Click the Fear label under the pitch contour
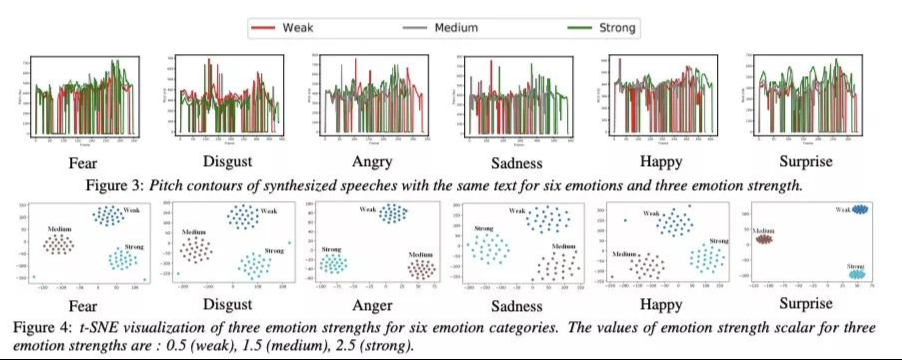click(x=85, y=161)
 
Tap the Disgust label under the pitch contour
click(x=227, y=161)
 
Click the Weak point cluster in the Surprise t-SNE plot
click(x=858, y=209)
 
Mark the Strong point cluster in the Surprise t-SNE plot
click(x=858, y=272)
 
